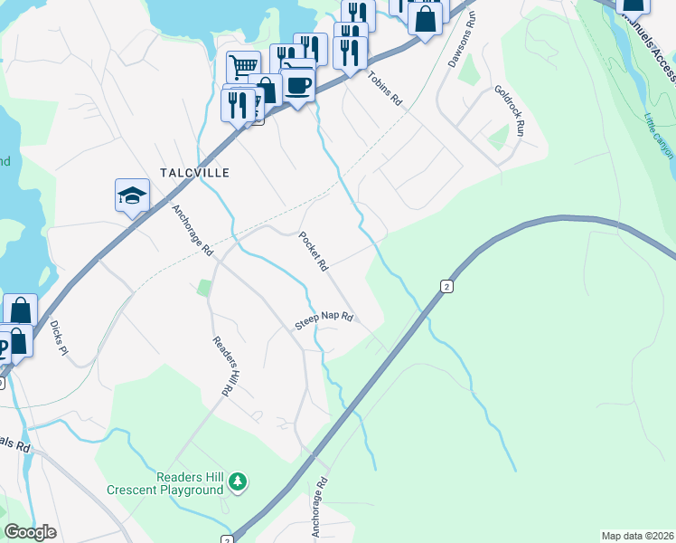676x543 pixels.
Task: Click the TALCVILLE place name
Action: (194, 172)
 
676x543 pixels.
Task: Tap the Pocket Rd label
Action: (313, 252)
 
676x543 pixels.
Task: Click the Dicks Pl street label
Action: (59, 336)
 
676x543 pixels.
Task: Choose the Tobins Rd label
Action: (384, 90)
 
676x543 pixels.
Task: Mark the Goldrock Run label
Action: (509, 111)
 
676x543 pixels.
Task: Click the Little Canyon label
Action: (660, 136)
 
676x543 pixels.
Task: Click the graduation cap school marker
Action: (132, 195)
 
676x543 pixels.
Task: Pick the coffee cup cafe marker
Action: (297, 86)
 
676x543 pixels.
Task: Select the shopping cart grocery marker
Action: (243, 66)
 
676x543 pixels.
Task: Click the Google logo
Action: (31, 532)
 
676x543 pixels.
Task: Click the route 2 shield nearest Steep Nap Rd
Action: (446, 286)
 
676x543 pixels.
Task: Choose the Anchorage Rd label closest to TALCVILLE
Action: (192, 230)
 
